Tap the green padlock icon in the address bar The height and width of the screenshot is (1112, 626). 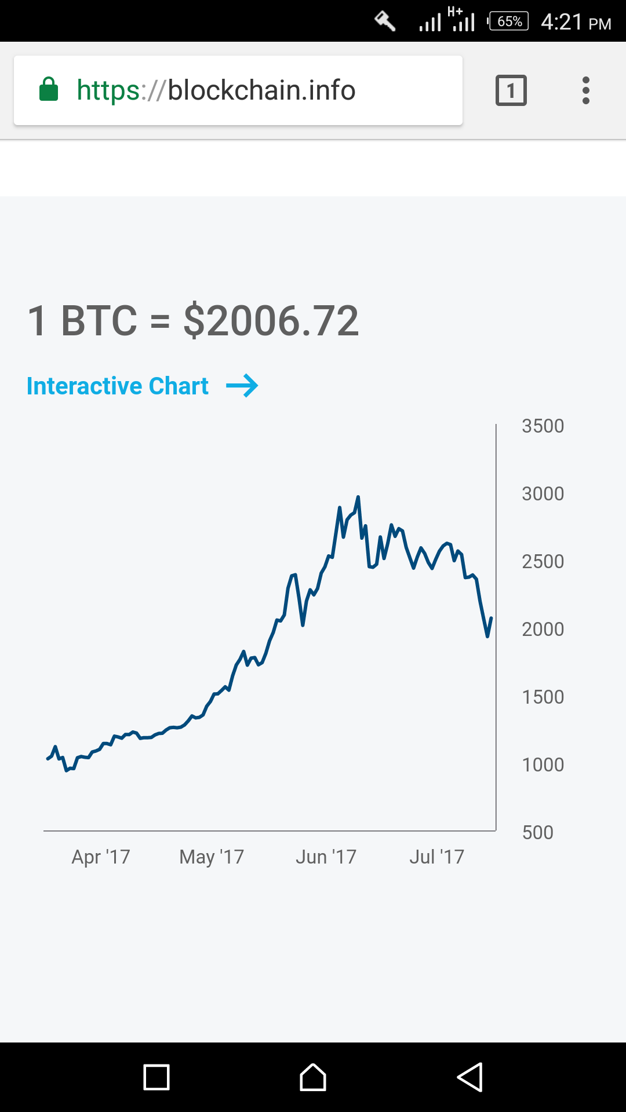[x=49, y=90]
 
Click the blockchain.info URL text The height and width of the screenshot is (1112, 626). [x=216, y=90]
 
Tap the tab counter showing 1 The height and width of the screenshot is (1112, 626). [x=511, y=90]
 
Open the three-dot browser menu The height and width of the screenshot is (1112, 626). [x=586, y=90]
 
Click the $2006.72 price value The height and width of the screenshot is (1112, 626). [x=271, y=321]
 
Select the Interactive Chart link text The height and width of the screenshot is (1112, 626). [x=118, y=386]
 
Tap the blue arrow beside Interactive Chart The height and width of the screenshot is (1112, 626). [x=242, y=386]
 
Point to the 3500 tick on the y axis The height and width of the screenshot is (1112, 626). [x=543, y=426]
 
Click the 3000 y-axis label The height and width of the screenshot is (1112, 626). [x=543, y=494]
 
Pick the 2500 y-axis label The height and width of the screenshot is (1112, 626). [x=543, y=562]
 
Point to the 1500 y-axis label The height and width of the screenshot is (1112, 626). [x=543, y=697]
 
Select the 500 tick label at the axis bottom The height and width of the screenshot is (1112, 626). [x=537, y=833]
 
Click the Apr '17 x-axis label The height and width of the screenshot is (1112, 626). [x=101, y=857]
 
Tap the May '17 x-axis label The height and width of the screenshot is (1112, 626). [x=212, y=857]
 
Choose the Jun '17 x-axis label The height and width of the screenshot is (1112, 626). [x=326, y=857]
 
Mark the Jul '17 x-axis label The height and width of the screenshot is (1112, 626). [x=436, y=857]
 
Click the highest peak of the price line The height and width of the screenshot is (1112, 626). [x=358, y=498]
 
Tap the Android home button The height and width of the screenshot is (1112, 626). [x=313, y=1077]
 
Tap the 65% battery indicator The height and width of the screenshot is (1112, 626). [x=509, y=21]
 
